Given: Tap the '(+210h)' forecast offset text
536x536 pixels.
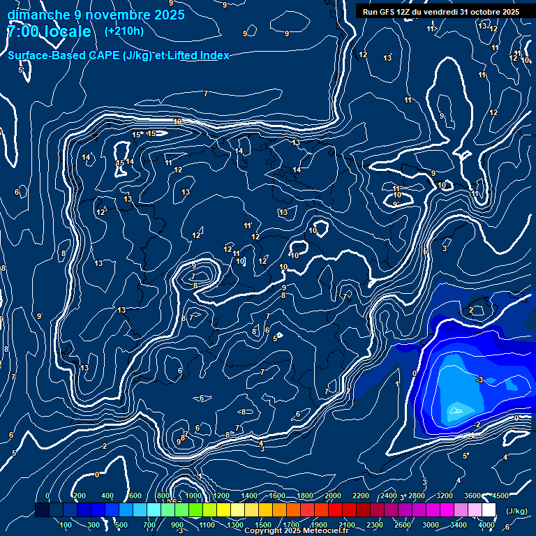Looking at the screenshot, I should tap(124, 31).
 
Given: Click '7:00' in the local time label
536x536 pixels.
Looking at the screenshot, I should tap(21, 32).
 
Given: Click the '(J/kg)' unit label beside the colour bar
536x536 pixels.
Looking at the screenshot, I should tap(516, 512).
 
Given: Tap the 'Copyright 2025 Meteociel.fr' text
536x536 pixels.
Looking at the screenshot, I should tap(296, 530).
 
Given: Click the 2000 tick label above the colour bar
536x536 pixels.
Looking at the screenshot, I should tap(334, 496).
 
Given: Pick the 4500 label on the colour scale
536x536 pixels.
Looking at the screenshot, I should tap(500, 496).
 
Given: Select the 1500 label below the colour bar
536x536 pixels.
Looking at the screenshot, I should tap(263, 525).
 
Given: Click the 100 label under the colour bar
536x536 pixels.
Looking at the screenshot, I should tap(66, 525).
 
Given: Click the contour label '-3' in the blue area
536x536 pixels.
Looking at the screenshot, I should tap(479, 380).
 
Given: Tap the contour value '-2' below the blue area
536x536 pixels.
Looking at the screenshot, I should tap(477, 424).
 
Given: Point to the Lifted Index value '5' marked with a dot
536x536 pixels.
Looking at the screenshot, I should tap(276, 338).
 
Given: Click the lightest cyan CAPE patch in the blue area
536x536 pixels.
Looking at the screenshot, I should tap(458, 409).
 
